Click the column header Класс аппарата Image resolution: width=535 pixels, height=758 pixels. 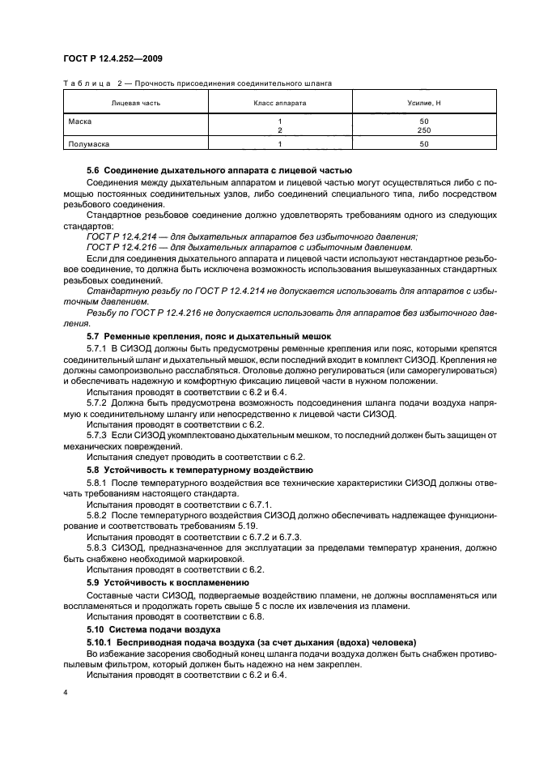(280, 104)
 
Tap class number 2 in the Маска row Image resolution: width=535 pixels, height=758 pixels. (280, 130)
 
